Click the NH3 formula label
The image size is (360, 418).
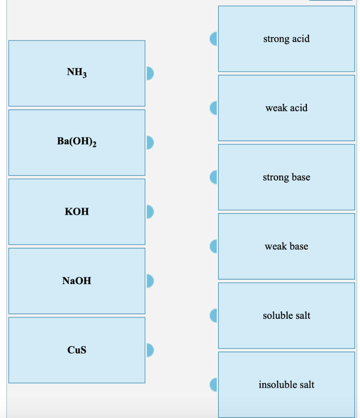pyautogui.click(x=77, y=73)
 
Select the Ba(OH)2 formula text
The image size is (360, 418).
pyautogui.click(x=77, y=142)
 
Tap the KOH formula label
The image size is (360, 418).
pyautogui.click(x=77, y=211)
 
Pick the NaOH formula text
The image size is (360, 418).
pyautogui.click(x=77, y=280)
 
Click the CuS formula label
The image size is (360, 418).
pyautogui.click(x=77, y=350)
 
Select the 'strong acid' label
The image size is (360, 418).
pyautogui.click(x=286, y=39)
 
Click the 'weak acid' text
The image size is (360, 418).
pyautogui.click(x=286, y=108)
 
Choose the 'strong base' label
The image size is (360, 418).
pyautogui.click(x=286, y=177)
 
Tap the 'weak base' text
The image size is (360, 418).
pyautogui.click(x=286, y=247)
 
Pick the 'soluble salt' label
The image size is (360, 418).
pyautogui.click(x=286, y=316)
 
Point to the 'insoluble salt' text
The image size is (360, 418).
pyautogui.click(x=286, y=385)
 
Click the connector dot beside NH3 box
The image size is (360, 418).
pyautogui.click(x=150, y=73)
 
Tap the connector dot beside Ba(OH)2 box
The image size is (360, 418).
pyautogui.click(x=150, y=142)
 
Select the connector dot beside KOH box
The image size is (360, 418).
pyautogui.click(x=150, y=211)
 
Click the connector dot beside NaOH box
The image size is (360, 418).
pyautogui.click(x=150, y=281)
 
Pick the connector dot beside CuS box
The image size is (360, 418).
pyautogui.click(x=150, y=350)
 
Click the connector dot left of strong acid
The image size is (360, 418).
pyautogui.click(x=214, y=39)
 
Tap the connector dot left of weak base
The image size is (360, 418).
pyautogui.click(x=214, y=247)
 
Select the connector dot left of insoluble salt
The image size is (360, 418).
pyautogui.click(x=214, y=385)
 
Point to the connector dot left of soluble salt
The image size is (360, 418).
pyautogui.click(x=214, y=316)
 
